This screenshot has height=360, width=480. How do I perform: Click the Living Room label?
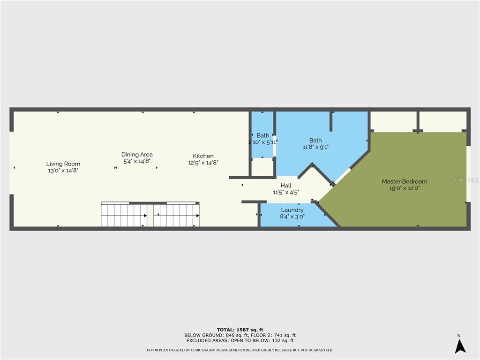(63, 164)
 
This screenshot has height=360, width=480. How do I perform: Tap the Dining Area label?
(137, 154)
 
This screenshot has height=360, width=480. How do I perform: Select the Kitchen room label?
(203, 156)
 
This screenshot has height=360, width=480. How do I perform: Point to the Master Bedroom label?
(404, 181)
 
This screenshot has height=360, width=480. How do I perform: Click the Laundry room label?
(292, 210)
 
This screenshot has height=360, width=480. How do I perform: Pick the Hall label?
(286, 186)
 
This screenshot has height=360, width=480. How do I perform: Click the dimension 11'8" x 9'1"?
(315, 147)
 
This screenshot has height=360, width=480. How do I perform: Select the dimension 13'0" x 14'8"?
(63, 171)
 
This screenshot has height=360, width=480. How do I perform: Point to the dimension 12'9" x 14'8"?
(203, 163)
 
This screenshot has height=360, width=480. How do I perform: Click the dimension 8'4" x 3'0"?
(292, 217)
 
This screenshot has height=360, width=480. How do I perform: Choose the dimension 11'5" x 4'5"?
(286, 192)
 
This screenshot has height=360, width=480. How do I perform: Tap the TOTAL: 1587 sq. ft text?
(240, 330)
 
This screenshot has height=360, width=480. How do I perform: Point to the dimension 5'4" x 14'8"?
(137, 161)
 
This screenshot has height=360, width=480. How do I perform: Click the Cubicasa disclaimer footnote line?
(240, 350)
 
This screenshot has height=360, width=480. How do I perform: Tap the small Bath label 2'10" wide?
(262, 135)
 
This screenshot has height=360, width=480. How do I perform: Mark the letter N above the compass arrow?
(459, 335)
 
